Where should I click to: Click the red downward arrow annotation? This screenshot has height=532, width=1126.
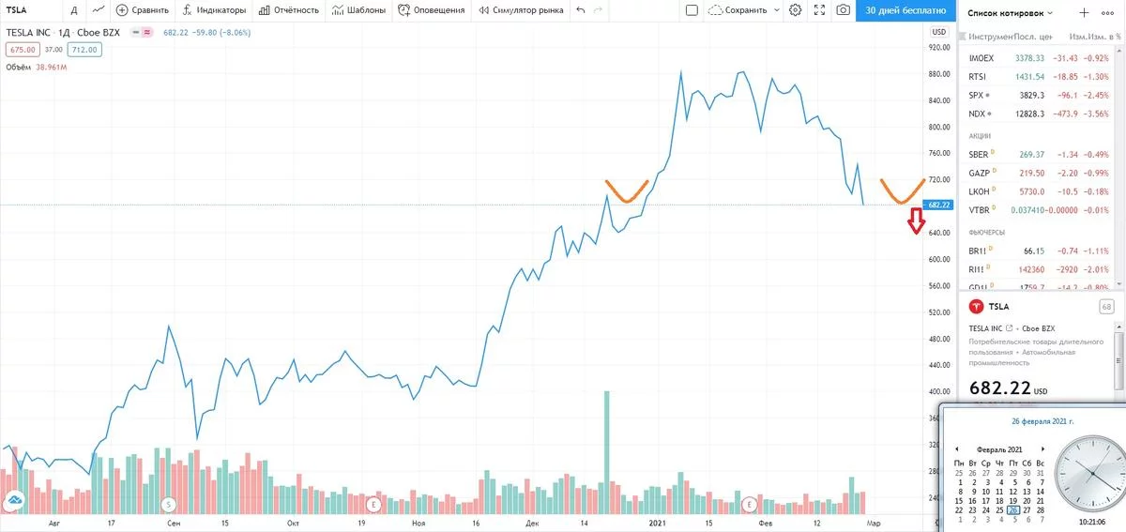tap(917, 223)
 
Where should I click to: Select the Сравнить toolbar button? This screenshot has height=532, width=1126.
tap(143, 10)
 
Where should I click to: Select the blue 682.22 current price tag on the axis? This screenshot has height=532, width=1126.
tap(938, 205)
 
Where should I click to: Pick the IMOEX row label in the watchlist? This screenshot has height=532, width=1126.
tap(981, 58)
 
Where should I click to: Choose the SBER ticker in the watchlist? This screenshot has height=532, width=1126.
tap(980, 154)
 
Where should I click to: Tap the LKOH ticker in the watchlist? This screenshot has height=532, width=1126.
tap(980, 191)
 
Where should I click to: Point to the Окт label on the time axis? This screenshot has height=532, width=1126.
tap(293, 522)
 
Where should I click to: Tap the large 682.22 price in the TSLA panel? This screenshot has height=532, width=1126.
tap(1000, 388)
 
